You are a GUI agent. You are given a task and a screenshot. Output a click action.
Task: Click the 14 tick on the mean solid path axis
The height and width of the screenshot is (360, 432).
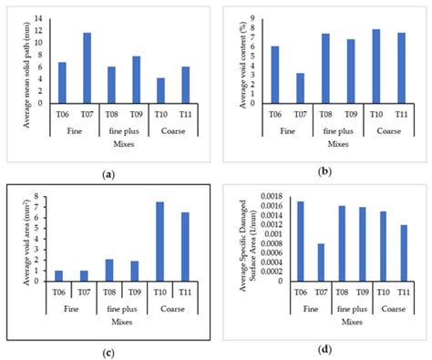37,19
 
